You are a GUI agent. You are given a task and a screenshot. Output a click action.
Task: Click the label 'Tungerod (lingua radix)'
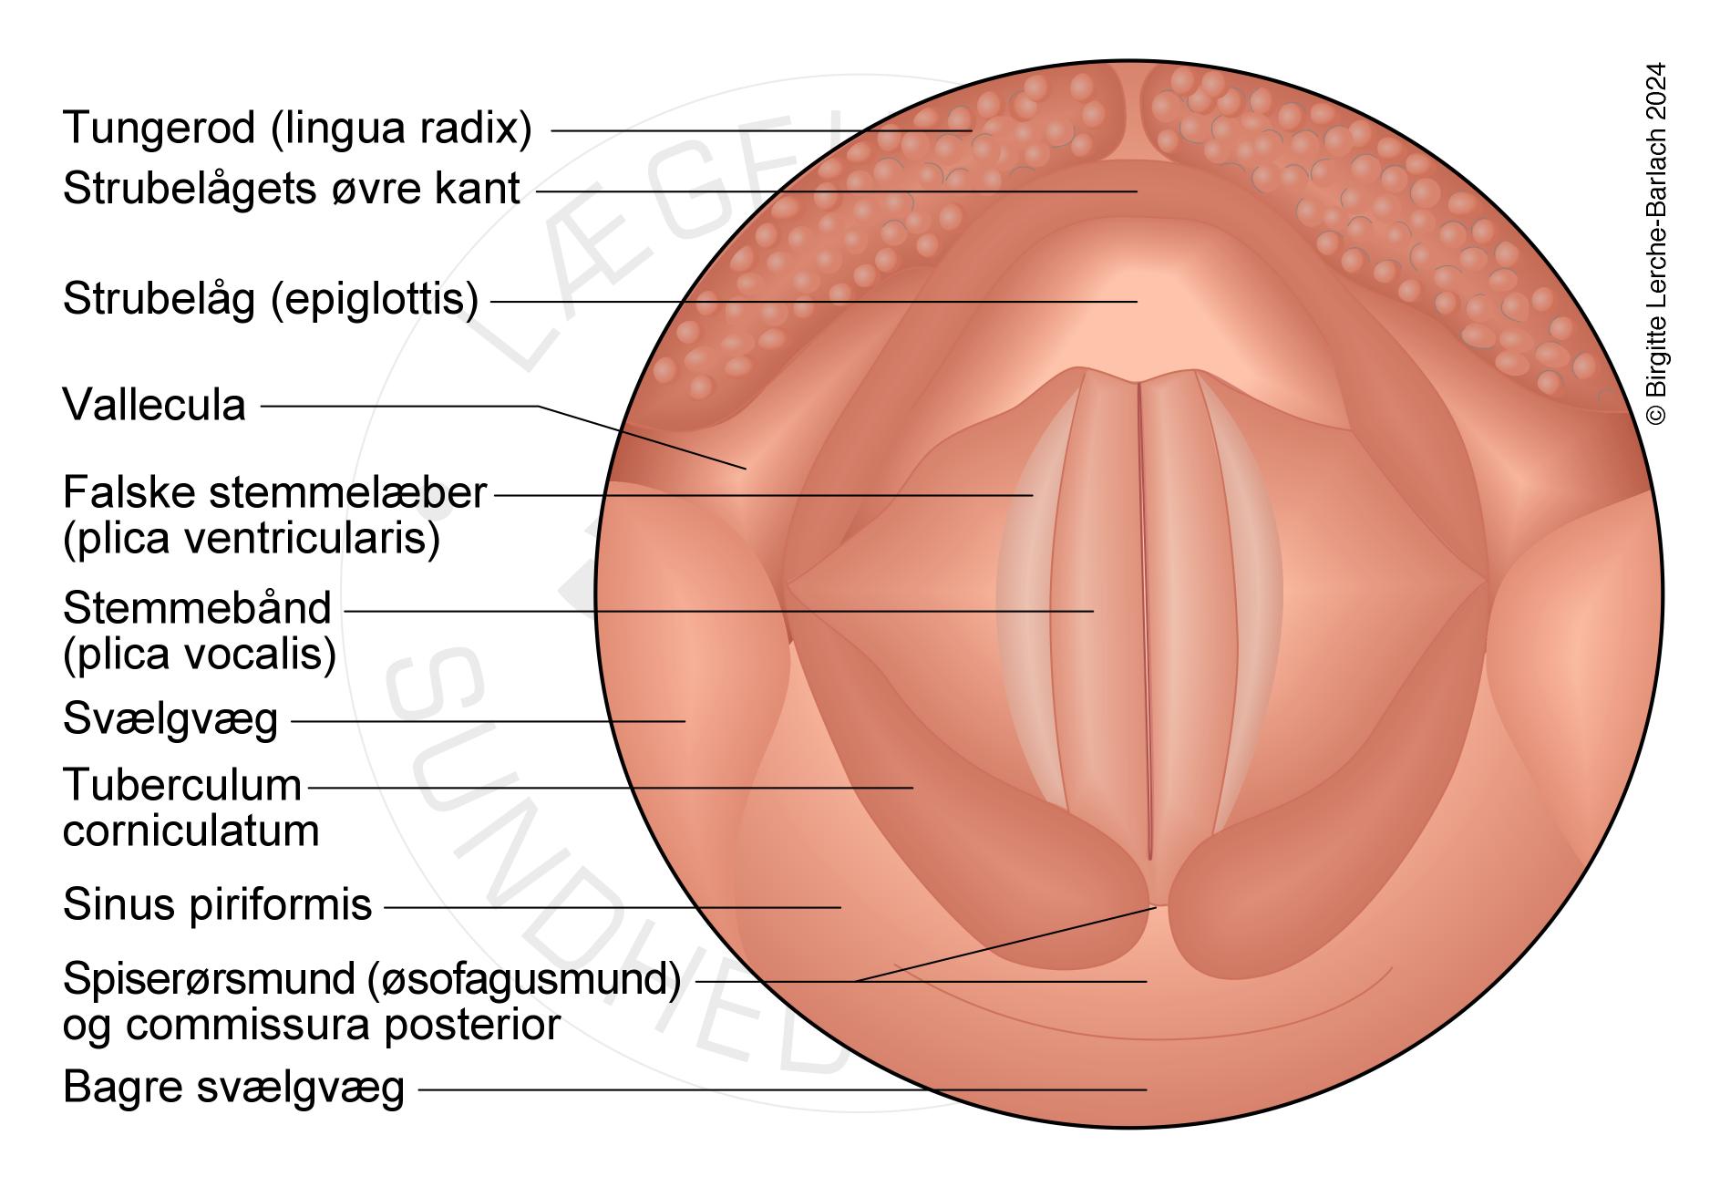click(297, 129)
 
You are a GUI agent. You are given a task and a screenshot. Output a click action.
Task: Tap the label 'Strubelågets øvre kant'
click(292, 190)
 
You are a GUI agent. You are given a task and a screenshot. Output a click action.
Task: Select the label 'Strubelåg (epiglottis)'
click(271, 299)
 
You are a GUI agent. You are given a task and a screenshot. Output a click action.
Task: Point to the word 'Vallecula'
click(154, 406)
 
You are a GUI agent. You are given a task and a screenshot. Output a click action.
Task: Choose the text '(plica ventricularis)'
click(252, 539)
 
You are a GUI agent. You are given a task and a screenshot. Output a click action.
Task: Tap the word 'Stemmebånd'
click(197, 608)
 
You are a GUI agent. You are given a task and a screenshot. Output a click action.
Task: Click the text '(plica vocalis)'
click(200, 655)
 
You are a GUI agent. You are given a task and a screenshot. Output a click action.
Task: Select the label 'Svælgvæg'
click(170, 720)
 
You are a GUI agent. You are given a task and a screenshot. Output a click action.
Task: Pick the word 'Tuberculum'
click(182, 785)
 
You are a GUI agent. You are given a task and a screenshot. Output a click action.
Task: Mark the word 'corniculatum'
click(191, 831)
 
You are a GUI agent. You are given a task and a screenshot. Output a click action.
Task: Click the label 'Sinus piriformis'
click(218, 905)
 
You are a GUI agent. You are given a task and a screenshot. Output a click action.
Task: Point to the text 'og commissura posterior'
click(312, 1025)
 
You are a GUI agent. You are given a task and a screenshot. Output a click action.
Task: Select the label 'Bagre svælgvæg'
click(233, 1088)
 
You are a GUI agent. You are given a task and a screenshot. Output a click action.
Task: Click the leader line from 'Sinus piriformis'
click(611, 907)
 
